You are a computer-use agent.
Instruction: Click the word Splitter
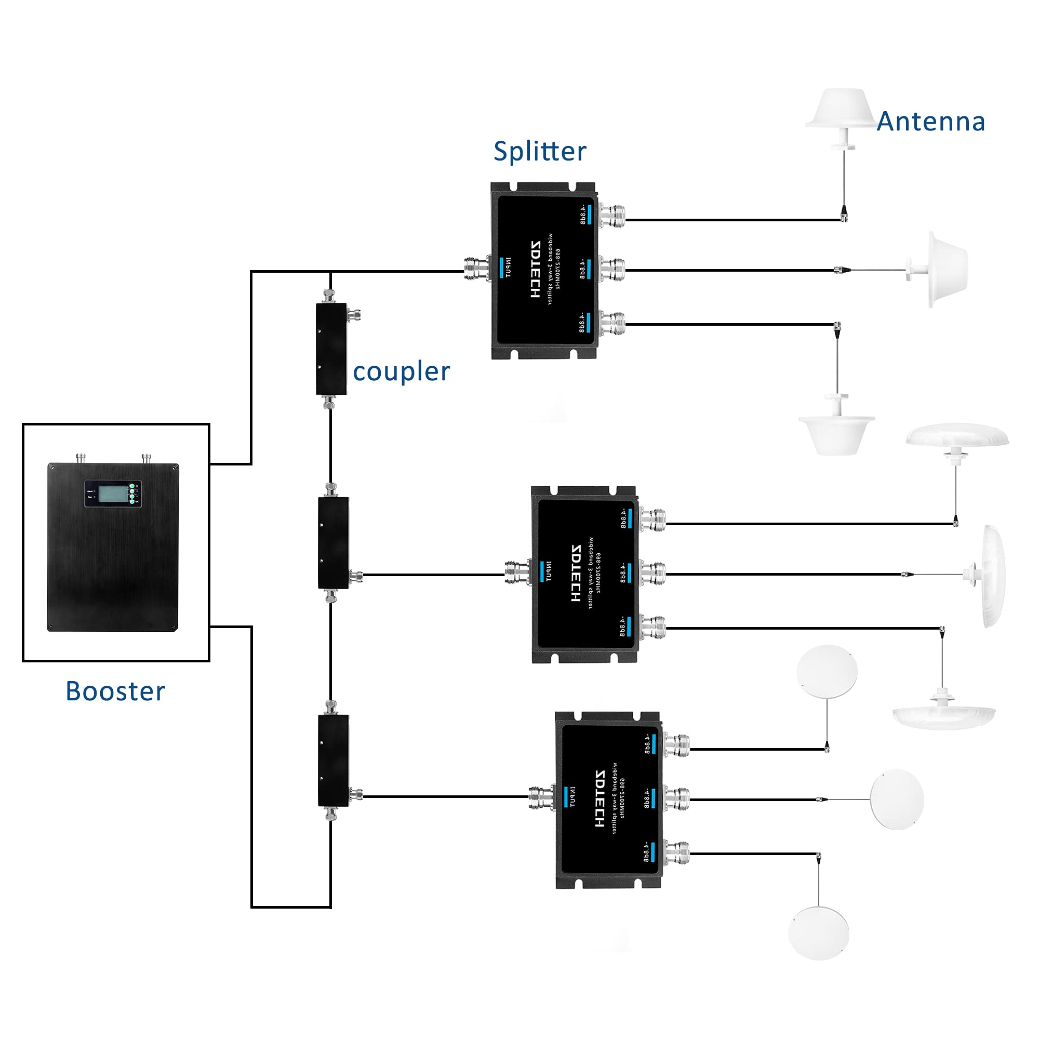pyautogui.click(x=539, y=151)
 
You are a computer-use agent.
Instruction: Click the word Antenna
pyautogui.click(x=930, y=122)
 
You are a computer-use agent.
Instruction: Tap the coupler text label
pyautogui.click(x=401, y=371)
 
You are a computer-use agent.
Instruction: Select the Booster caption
pyautogui.click(x=115, y=691)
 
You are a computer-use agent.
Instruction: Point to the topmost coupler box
pyautogui.click(x=331, y=349)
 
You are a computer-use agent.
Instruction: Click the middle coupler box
pyautogui.click(x=333, y=543)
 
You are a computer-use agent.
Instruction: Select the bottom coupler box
pyautogui.click(x=333, y=761)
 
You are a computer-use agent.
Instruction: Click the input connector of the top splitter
pyautogui.click(x=477, y=267)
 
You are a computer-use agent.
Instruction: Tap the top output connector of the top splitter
pyautogui.click(x=613, y=216)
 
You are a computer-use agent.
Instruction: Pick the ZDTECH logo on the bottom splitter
pyautogui.click(x=600, y=798)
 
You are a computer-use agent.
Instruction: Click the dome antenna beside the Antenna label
pyautogui.click(x=840, y=110)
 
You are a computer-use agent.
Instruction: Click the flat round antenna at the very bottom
pyautogui.click(x=819, y=933)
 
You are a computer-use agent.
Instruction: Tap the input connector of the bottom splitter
pyautogui.click(x=541, y=798)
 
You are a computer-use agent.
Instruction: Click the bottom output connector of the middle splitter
pyautogui.click(x=654, y=628)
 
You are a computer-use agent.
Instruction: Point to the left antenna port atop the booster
pyautogui.click(x=81, y=458)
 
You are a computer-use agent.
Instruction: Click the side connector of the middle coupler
pyautogui.click(x=356, y=578)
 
